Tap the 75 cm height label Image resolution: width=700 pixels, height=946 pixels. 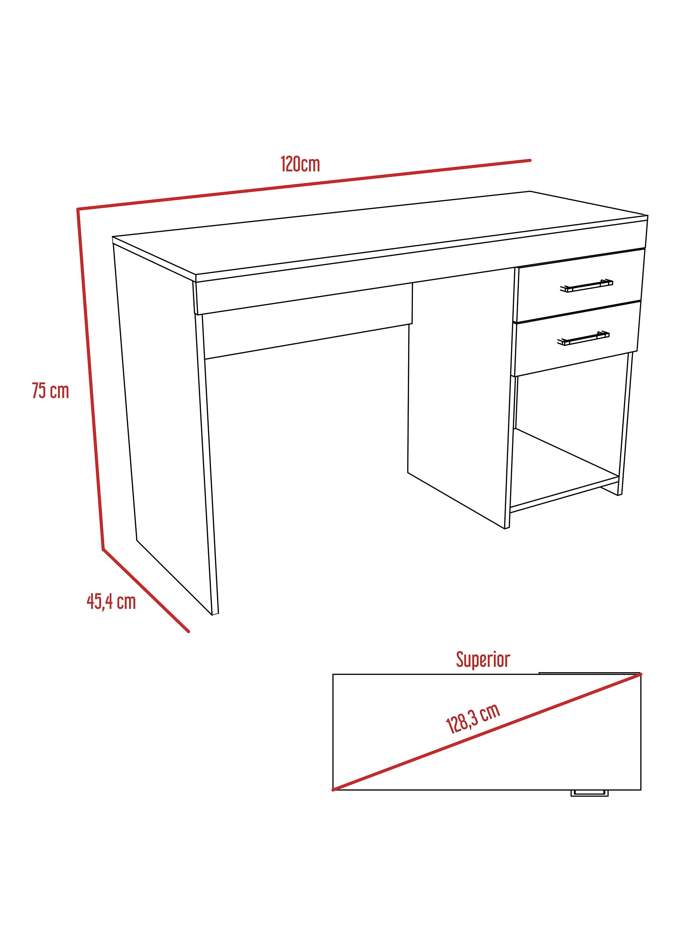(x=50, y=391)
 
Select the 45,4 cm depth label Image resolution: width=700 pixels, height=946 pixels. (x=111, y=602)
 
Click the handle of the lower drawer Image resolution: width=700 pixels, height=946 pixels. (x=583, y=338)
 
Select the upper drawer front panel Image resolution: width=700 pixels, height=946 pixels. (x=579, y=285)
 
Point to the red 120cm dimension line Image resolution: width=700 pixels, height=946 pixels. (x=304, y=185)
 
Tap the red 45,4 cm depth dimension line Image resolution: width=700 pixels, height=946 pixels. (x=146, y=590)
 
